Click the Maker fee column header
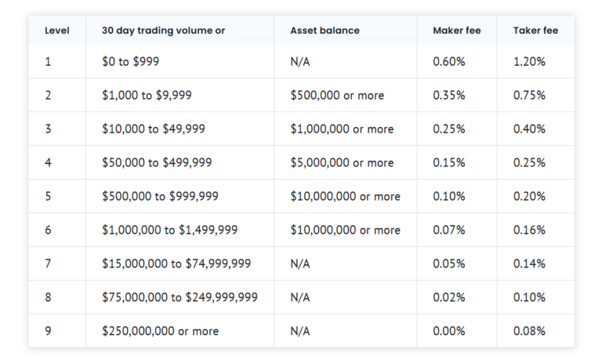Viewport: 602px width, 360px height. click(x=456, y=31)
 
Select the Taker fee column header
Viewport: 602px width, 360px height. click(x=535, y=31)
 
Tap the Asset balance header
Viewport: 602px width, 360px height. click(x=325, y=31)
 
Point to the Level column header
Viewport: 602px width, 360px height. click(x=57, y=31)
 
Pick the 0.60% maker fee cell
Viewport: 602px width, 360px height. click(x=449, y=61)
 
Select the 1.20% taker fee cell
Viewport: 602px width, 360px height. click(x=529, y=61)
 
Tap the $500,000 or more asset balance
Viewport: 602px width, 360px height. click(x=337, y=95)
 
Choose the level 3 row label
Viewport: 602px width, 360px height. click(x=48, y=129)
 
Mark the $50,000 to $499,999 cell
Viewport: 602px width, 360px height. click(x=157, y=162)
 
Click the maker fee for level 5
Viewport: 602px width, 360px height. click(x=449, y=196)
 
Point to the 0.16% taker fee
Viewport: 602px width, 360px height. click(x=529, y=230)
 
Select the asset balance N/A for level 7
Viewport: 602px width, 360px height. click(x=300, y=264)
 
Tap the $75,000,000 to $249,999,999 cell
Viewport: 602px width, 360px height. click(x=180, y=297)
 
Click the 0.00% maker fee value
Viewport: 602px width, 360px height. click(x=449, y=331)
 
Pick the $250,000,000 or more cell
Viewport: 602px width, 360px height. click(x=160, y=331)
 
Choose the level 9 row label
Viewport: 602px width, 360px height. click(x=48, y=331)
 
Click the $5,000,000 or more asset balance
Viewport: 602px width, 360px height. click(x=342, y=162)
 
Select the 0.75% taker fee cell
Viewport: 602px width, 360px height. click(x=529, y=95)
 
